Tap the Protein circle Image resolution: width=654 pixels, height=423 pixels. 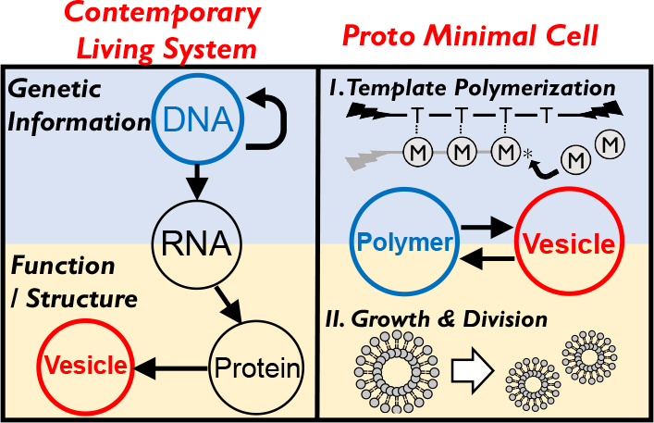(258, 367)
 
